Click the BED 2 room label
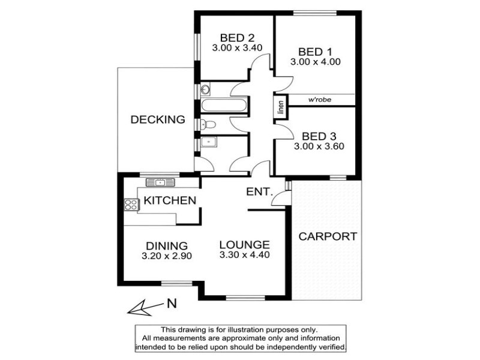point(237,38)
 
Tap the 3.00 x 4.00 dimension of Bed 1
point(316,62)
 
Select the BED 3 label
point(319,136)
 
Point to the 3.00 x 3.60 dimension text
point(319,146)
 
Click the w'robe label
point(320,100)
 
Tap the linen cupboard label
point(281,106)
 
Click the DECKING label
point(158,119)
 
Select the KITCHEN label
point(170,200)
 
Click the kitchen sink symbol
point(160,183)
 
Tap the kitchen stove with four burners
point(131,205)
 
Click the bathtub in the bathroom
point(224,105)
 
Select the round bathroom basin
point(205,89)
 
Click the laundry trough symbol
point(209,142)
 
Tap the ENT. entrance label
point(259,192)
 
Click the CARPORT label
point(328,236)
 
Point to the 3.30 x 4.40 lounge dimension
point(245,254)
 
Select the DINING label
point(167,246)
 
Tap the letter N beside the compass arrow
point(172,304)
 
